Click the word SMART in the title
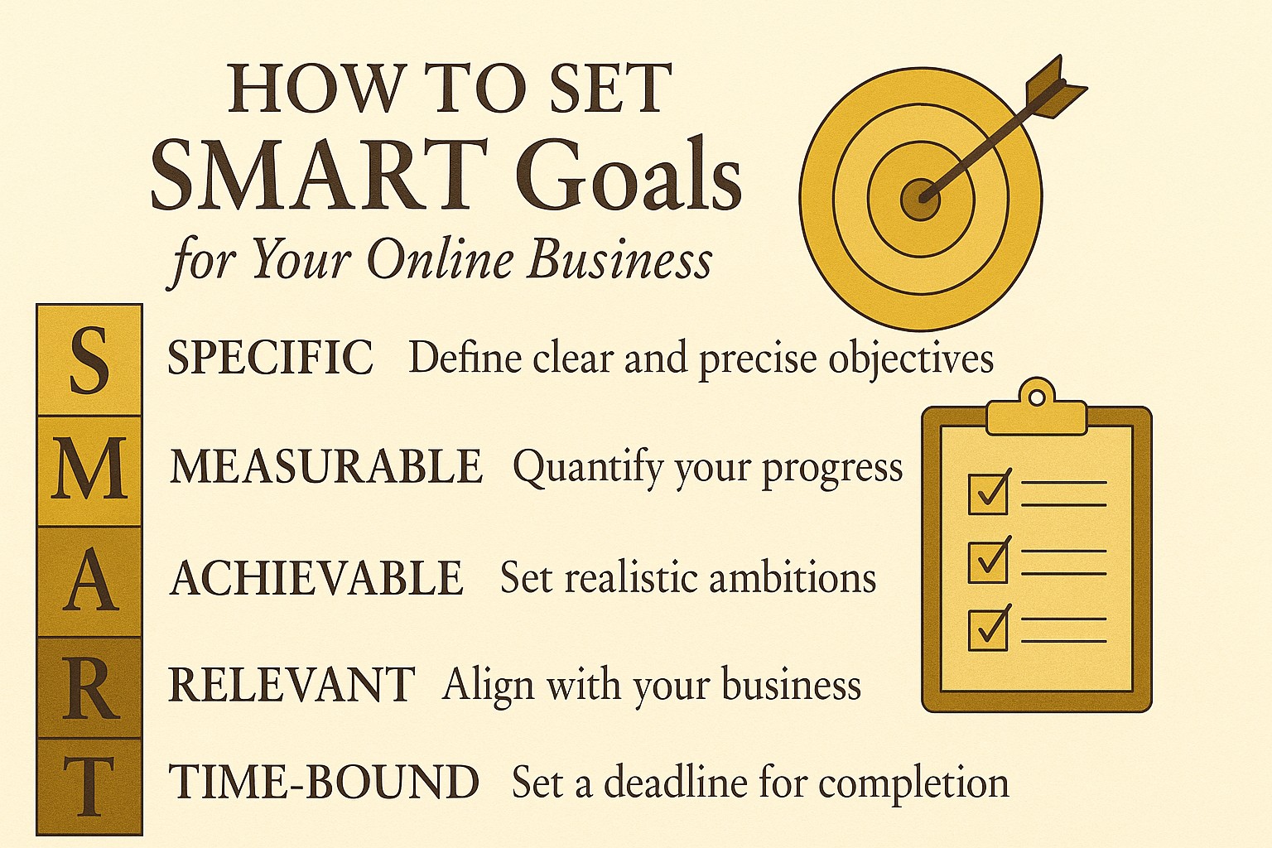point(323,176)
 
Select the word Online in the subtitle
point(440,260)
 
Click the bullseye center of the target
point(920,200)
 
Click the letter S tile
point(89,360)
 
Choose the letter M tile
point(89,470)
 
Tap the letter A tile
point(89,581)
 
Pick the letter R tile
point(89,688)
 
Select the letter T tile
point(89,786)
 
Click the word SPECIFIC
point(271,359)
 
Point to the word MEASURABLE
point(326,466)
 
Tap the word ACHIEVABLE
point(316,578)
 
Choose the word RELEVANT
point(291,686)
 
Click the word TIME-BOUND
point(324,783)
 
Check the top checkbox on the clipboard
point(988,494)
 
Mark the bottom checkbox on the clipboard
point(988,629)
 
